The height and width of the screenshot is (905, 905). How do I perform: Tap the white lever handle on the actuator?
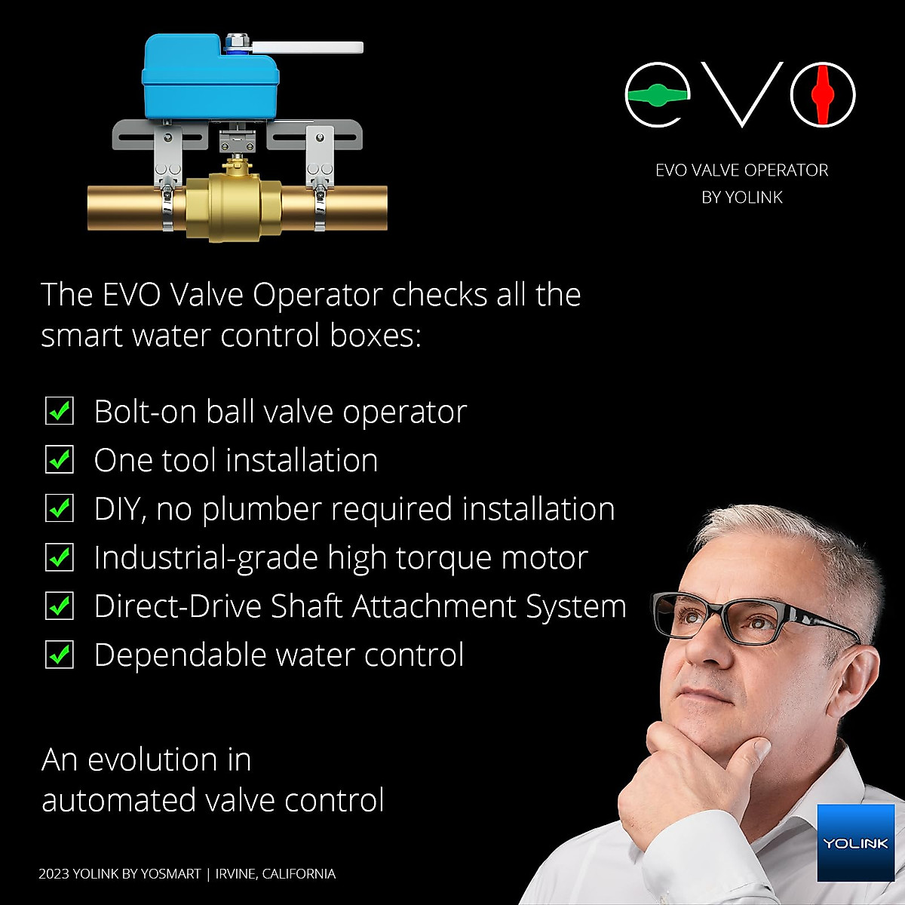pos(309,48)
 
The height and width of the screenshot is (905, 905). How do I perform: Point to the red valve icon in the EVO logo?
pos(823,95)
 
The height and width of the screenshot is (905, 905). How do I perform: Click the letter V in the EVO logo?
pos(742,95)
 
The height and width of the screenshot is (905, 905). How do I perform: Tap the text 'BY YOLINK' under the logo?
pos(742,198)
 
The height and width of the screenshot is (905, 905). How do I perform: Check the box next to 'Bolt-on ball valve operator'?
pos(60,412)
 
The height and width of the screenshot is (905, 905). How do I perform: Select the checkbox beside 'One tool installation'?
pos(60,460)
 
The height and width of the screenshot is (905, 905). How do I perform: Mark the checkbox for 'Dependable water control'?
pos(60,655)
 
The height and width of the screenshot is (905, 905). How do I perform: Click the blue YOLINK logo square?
pos(854,842)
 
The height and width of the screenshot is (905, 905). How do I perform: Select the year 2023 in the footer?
pos(54,874)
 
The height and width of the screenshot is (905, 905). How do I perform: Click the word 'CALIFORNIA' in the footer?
pos(299,874)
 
